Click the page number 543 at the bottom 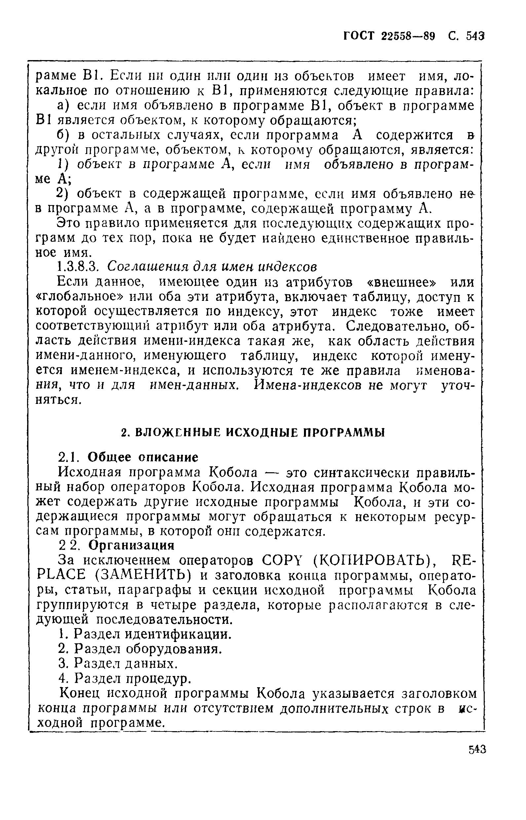coord(477,750)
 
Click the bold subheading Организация coord(132,546)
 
